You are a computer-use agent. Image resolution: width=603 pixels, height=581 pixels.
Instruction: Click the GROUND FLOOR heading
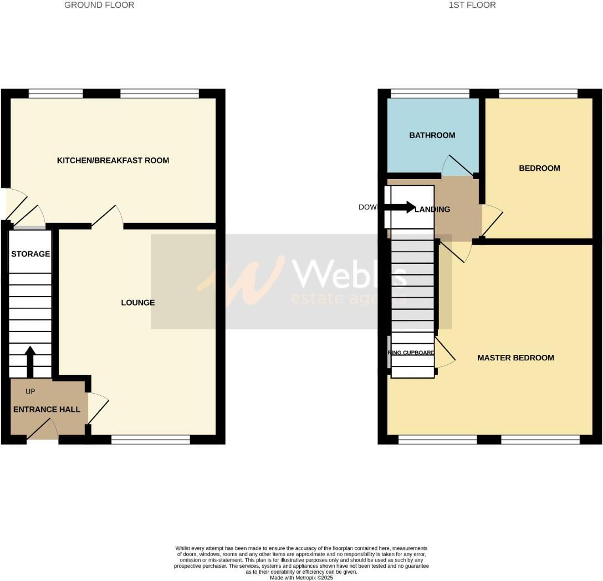click(x=99, y=5)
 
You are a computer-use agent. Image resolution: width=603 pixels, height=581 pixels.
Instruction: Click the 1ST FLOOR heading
click(x=472, y=5)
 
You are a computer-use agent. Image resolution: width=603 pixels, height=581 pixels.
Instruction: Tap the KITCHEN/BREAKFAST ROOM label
click(x=113, y=161)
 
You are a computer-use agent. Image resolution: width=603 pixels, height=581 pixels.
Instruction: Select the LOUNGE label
click(x=138, y=303)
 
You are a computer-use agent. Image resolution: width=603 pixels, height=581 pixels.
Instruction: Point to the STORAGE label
click(x=30, y=254)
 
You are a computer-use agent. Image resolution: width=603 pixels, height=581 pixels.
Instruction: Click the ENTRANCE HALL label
click(x=47, y=410)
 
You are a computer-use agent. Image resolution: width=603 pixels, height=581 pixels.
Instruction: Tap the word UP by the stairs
click(x=30, y=392)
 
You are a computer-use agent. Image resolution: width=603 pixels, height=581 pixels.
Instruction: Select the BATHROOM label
click(x=432, y=135)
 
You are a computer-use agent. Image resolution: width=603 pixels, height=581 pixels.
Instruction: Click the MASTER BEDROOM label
click(x=515, y=358)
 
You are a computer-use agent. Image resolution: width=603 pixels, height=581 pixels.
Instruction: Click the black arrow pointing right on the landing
click(x=400, y=208)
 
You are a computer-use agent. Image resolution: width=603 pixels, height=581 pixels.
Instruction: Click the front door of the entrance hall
click(x=43, y=431)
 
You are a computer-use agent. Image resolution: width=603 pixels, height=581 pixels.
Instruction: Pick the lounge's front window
click(x=151, y=440)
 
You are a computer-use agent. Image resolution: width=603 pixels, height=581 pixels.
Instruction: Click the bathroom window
click(x=430, y=93)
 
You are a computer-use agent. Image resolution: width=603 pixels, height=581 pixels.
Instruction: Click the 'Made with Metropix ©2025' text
click(x=301, y=577)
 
